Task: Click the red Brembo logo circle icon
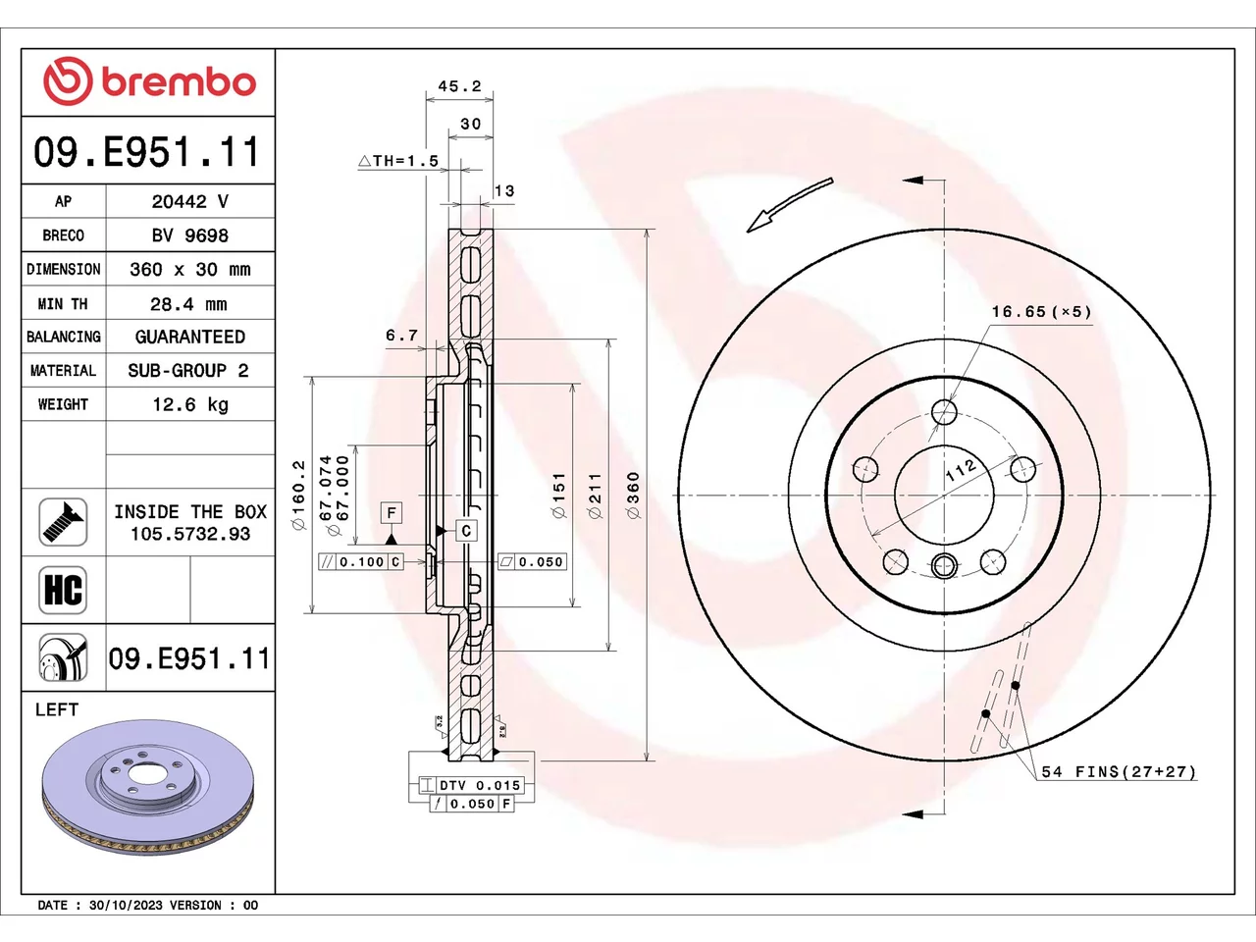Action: point(68,80)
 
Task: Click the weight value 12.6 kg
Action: point(190,404)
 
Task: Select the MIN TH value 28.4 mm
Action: point(188,304)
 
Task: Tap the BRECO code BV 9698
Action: point(190,235)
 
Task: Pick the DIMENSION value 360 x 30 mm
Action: point(190,269)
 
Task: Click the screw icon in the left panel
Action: point(63,522)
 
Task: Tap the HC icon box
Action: point(63,590)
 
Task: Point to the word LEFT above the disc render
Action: point(57,709)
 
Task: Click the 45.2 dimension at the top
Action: point(459,86)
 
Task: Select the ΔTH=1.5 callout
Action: point(398,161)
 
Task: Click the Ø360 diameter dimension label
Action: point(633,496)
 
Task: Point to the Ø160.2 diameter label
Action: point(298,495)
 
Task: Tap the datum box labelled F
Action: point(392,512)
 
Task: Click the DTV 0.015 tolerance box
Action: point(472,785)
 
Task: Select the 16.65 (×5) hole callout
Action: point(1041,312)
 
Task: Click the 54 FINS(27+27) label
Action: point(1119,771)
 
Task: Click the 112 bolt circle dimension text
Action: point(961,470)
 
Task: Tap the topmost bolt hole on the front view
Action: point(944,411)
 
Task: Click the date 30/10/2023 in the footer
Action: point(127,906)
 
